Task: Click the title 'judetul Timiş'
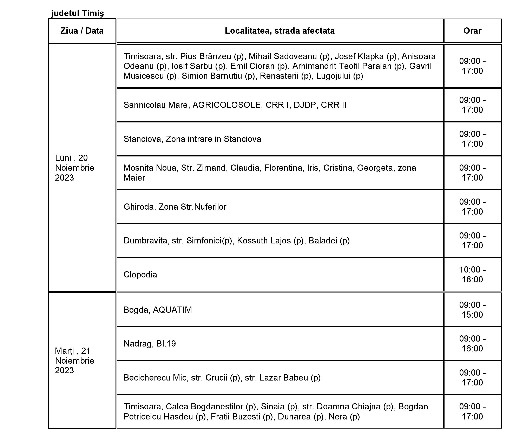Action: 77,13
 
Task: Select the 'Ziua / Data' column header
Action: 82,31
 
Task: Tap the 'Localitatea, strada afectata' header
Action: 280,31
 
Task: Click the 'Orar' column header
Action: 472,31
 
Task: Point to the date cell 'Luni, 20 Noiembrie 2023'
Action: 74,168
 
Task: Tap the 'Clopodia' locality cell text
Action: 140,275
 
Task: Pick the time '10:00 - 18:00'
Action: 472,275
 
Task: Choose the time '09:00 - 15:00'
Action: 472,310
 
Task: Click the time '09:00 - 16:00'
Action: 472,343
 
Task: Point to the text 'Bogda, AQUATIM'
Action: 158,310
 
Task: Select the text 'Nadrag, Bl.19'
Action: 150,343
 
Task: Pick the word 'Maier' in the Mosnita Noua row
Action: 134,178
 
